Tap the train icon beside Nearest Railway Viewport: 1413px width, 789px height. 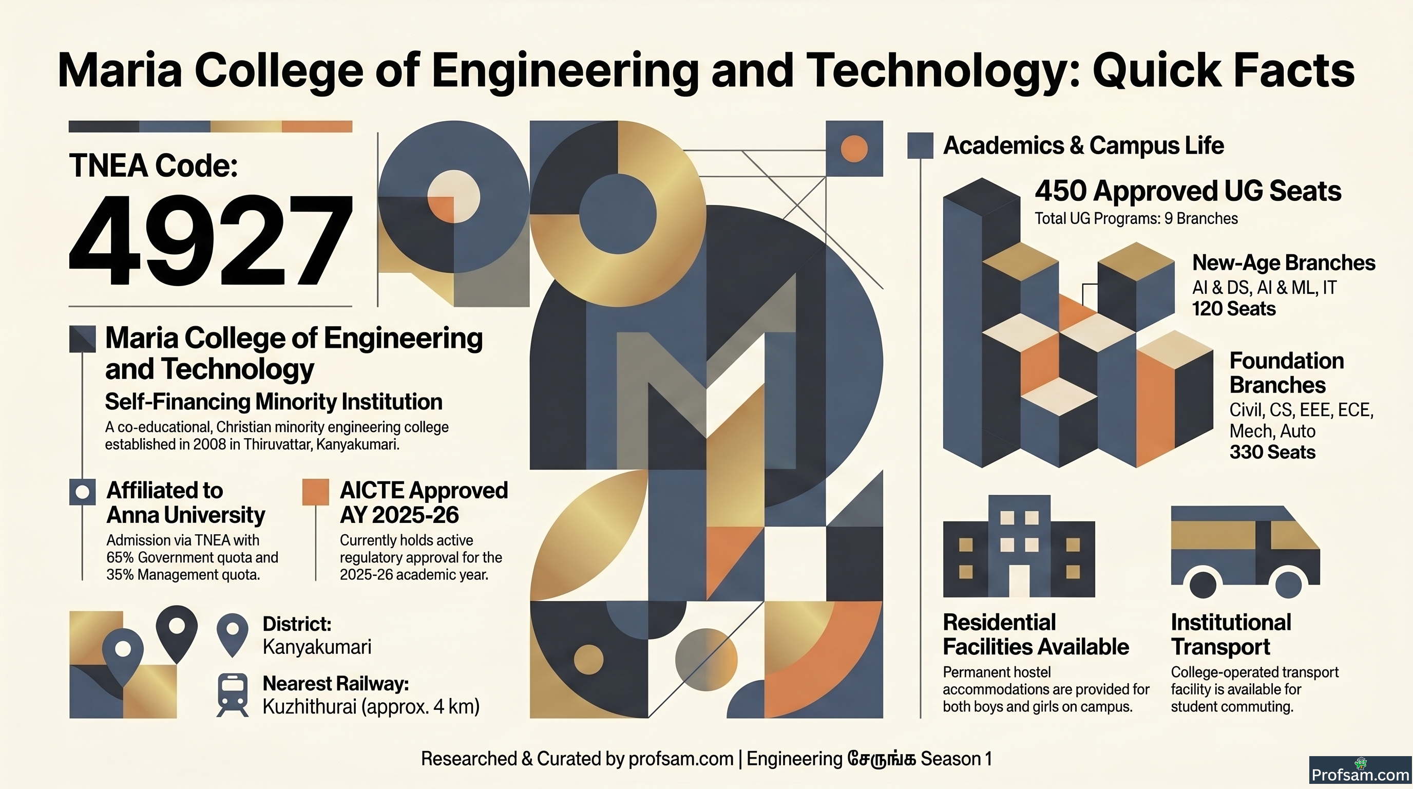click(233, 694)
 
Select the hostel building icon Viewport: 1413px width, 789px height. click(1019, 547)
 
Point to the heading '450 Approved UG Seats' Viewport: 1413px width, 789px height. click(1188, 191)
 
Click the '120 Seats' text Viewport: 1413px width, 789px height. click(1234, 309)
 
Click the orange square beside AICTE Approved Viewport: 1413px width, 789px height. click(315, 492)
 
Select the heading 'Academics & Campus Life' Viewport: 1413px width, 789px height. click(1083, 145)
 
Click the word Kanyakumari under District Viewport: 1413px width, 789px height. click(317, 647)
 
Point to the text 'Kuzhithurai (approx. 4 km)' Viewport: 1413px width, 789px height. click(371, 707)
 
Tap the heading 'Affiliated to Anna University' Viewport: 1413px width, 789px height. click(185, 502)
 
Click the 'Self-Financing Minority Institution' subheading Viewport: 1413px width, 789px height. click(274, 402)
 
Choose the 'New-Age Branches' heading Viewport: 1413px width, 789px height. click(1284, 263)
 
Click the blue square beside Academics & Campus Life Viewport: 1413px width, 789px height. click(921, 146)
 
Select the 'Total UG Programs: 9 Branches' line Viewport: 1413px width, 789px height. click(1136, 218)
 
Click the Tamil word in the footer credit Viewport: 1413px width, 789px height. click(882, 759)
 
